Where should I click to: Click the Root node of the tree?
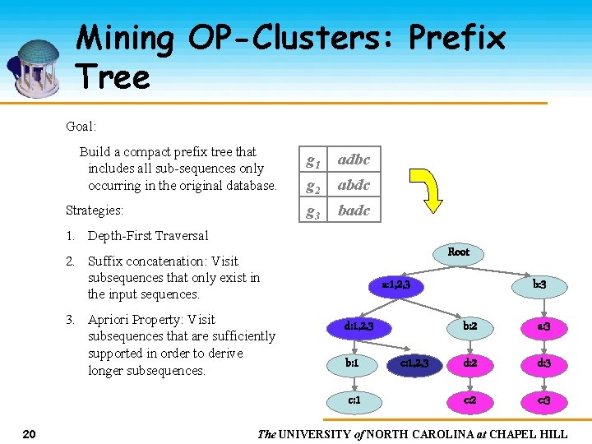pos(458,252)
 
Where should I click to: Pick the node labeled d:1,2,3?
pos(359,326)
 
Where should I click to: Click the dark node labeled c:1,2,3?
pos(414,362)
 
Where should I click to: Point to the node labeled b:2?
pos(470,326)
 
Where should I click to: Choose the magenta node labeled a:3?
pos(543,326)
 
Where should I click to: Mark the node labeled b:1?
pos(351,362)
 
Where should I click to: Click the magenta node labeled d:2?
pos(470,362)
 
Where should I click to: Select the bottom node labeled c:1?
pos(354,400)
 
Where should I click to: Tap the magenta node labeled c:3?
pos(543,400)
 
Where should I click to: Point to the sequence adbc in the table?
pos(354,160)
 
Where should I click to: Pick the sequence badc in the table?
pos(354,210)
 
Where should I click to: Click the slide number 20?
pos(28,433)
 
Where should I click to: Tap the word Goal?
pos(81,127)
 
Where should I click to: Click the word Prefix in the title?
pos(456,38)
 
